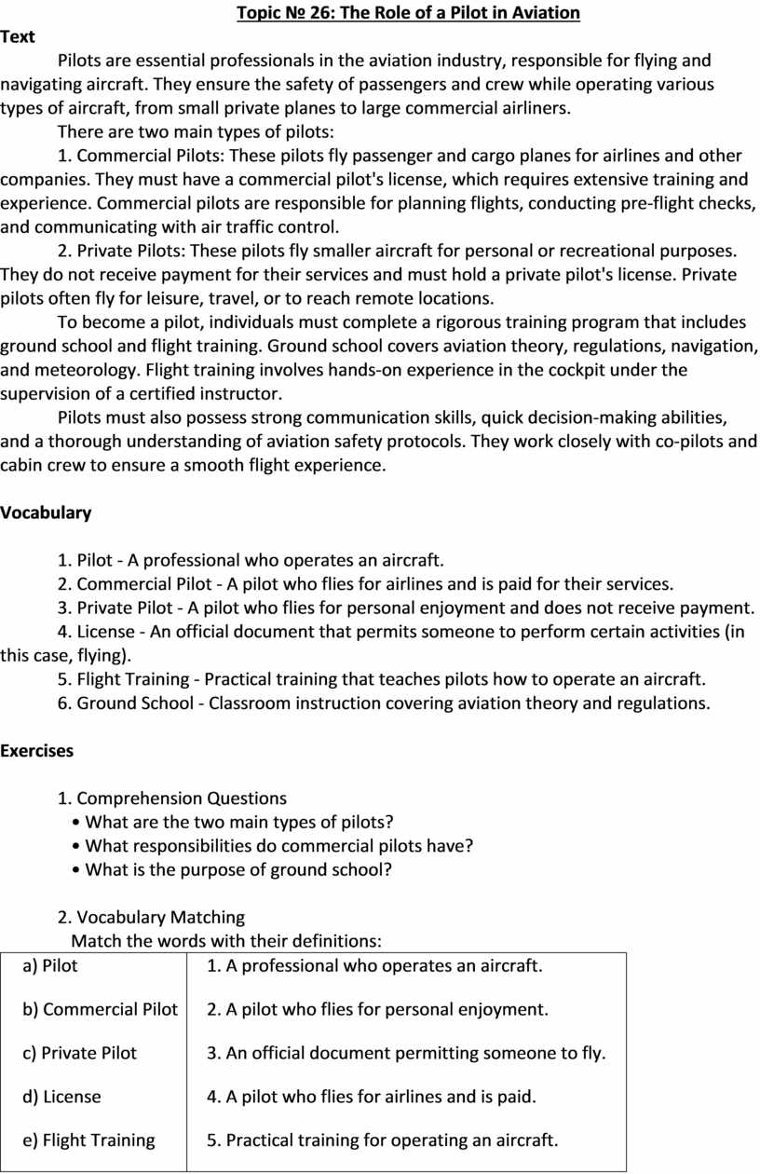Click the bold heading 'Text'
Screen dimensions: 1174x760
coord(18,37)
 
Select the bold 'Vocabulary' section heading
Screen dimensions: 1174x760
coord(46,512)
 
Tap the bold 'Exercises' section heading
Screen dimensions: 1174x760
coord(37,750)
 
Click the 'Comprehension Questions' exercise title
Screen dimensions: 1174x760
coord(182,799)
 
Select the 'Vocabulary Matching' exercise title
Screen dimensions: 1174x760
coord(161,917)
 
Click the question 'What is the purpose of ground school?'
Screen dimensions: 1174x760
coord(238,869)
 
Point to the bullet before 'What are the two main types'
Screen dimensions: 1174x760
coord(75,822)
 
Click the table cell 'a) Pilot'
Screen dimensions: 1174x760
coord(50,965)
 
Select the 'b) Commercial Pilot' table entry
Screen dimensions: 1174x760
coord(100,1009)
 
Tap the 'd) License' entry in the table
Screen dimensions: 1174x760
coord(61,1097)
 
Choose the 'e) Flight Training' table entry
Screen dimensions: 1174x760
coord(88,1140)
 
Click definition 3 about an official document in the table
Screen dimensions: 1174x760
coord(406,1053)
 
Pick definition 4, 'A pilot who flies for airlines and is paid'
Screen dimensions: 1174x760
coord(372,1097)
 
